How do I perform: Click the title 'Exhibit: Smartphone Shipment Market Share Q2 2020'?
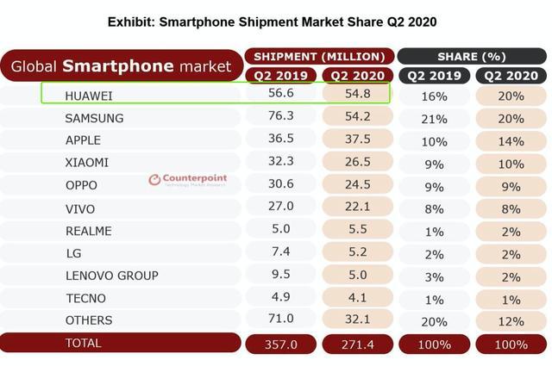pyautogui.click(x=277, y=20)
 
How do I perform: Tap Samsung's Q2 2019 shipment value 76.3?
pyautogui.click(x=282, y=118)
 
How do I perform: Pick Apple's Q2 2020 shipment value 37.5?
pyautogui.click(x=357, y=140)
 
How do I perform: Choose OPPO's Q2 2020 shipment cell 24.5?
pyautogui.click(x=357, y=185)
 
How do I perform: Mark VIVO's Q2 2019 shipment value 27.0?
pyautogui.click(x=282, y=208)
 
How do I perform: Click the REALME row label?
pyautogui.click(x=88, y=230)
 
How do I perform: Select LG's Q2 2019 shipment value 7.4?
pyautogui.click(x=282, y=252)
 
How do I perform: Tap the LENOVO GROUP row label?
pyautogui.click(x=111, y=276)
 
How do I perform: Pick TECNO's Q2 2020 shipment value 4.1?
pyautogui.click(x=357, y=298)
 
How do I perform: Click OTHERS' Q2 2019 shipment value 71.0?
pyautogui.click(x=282, y=320)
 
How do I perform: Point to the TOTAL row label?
pyautogui.click(x=83, y=343)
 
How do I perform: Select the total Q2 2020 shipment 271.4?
pyautogui.click(x=357, y=344)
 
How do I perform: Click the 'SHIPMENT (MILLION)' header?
pyautogui.click(x=319, y=56)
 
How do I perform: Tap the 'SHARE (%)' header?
pyautogui.click(x=473, y=56)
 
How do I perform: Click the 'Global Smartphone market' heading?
pyautogui.click(x=121, y=65)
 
